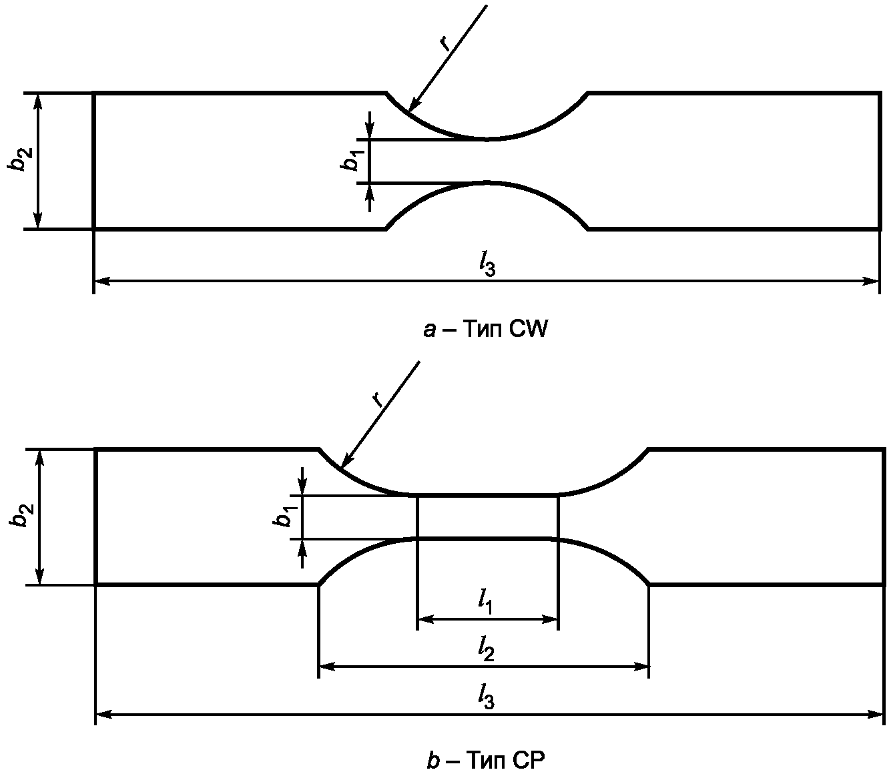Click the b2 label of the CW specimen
(20, 159)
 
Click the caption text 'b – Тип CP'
(486, 760)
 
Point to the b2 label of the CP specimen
(21, 516)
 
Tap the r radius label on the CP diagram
(378, 399)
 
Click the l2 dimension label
(486, 649)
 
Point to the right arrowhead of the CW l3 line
(871, 282)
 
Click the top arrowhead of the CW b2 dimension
(38, 101)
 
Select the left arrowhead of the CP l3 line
(103, 715)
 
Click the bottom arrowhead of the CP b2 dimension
(39, 576)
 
